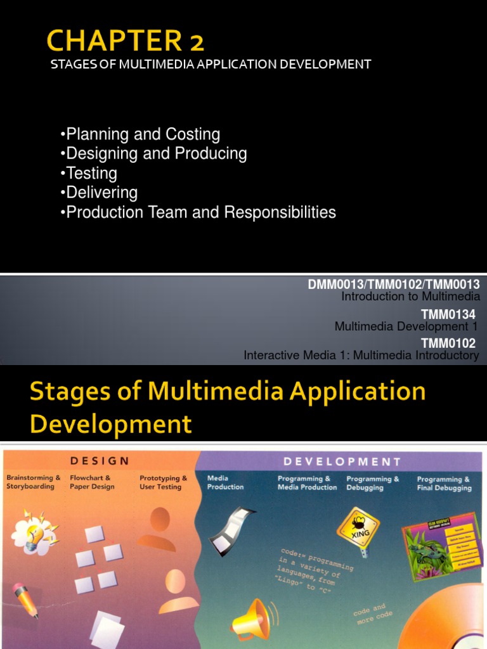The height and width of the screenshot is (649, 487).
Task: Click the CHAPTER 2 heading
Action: point(126,42)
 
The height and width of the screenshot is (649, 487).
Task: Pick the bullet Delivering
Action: point(99,192)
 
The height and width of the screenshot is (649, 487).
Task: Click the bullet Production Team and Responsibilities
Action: point(198,212)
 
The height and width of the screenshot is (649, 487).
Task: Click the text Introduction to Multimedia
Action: point(410,296)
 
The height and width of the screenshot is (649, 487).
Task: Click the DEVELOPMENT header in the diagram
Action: point(342,461)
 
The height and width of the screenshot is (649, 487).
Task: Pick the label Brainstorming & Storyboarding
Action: point(33,482)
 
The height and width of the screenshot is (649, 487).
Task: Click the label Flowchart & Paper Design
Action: point(92,482)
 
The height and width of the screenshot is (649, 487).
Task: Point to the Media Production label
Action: point(225,482)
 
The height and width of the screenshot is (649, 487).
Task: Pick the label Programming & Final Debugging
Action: point(444,484)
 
